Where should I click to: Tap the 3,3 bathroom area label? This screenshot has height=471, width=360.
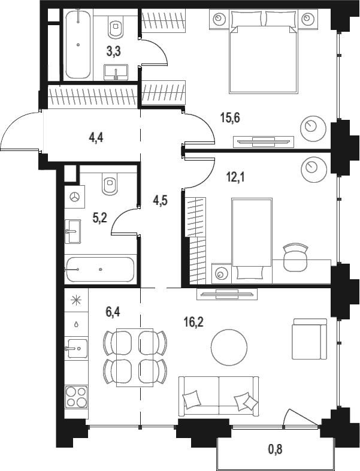coord(113,52)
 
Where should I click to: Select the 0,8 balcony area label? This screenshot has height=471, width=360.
coord(275,449)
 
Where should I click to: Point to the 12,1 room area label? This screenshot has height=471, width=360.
coord(235,177)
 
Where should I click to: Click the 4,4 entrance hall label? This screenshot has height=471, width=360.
coord(96,138)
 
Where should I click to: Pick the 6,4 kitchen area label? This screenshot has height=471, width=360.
coord(113,312)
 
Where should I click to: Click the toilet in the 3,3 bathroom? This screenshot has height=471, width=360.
coord(116,26)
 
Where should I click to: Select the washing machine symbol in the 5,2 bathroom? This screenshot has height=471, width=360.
coord(74,197)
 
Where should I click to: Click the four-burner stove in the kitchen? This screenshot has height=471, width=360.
coord(77,397)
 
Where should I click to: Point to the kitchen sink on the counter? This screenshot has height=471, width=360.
coord(77,348)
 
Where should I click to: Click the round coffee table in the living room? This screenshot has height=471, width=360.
coord(229,346)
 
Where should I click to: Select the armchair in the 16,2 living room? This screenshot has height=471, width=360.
coord(310,339)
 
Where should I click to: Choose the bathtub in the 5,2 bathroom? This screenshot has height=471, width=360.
coord(99,270)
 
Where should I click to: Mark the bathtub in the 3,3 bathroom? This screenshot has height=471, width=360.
coord(78,44)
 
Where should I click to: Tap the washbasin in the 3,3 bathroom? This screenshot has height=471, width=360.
coord(116,73)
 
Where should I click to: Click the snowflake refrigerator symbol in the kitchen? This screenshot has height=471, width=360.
coord(77,300)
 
